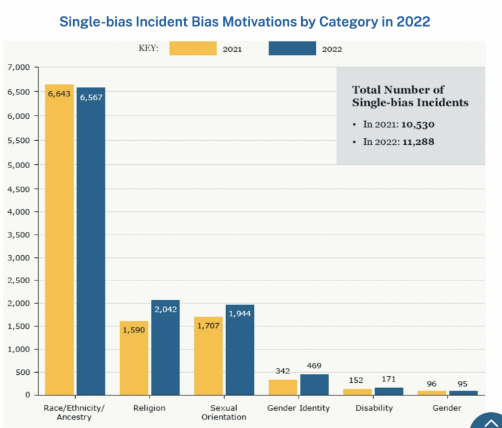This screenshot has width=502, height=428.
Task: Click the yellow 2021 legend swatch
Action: point(193,49)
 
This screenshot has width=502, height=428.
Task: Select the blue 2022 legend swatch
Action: point(292,49)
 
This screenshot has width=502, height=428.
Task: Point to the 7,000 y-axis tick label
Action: point(19,68)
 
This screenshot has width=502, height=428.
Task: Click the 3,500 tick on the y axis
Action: point(19,235)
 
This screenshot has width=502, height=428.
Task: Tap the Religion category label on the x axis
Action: point(149,408)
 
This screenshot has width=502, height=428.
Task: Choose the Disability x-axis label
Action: point(374,408)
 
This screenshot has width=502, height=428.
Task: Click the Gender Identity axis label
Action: point(299,408)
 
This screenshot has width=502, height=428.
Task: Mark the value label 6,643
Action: point(59,94)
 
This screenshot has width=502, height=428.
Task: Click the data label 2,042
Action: point(165,309)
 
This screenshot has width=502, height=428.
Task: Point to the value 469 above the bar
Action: point(314,366)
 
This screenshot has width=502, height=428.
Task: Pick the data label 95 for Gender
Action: point(463,383)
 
